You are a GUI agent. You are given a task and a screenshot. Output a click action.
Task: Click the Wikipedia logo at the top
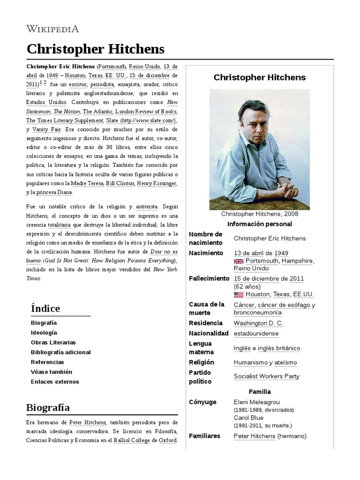coord(53,29)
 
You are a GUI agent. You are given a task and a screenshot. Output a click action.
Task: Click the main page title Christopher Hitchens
coord(96,49)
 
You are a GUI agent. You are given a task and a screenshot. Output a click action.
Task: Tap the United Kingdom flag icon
coord(238,261)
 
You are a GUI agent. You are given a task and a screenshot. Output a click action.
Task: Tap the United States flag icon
coord(238,294)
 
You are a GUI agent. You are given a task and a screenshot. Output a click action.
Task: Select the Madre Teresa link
coord(87,183)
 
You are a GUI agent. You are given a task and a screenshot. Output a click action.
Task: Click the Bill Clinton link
coord(120,183)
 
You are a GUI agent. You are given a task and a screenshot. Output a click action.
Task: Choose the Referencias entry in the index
coord(47,362)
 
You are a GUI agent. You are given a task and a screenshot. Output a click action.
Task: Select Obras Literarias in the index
coord(53,342)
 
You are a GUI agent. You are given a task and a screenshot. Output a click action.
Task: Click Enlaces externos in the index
coord(55,382)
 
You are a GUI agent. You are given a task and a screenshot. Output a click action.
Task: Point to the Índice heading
coord(45,308)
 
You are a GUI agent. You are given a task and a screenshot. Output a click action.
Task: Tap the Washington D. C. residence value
coord(258,323)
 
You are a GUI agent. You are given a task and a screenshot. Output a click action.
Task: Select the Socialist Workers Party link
coord(266,376)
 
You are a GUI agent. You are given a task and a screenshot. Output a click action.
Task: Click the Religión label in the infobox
coord(201,362)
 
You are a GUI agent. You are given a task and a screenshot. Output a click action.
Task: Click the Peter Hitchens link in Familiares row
coord(254,436)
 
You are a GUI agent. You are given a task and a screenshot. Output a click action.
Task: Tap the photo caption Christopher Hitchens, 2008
coord(259,214)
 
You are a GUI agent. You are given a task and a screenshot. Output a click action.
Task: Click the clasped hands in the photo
coord(283,190)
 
